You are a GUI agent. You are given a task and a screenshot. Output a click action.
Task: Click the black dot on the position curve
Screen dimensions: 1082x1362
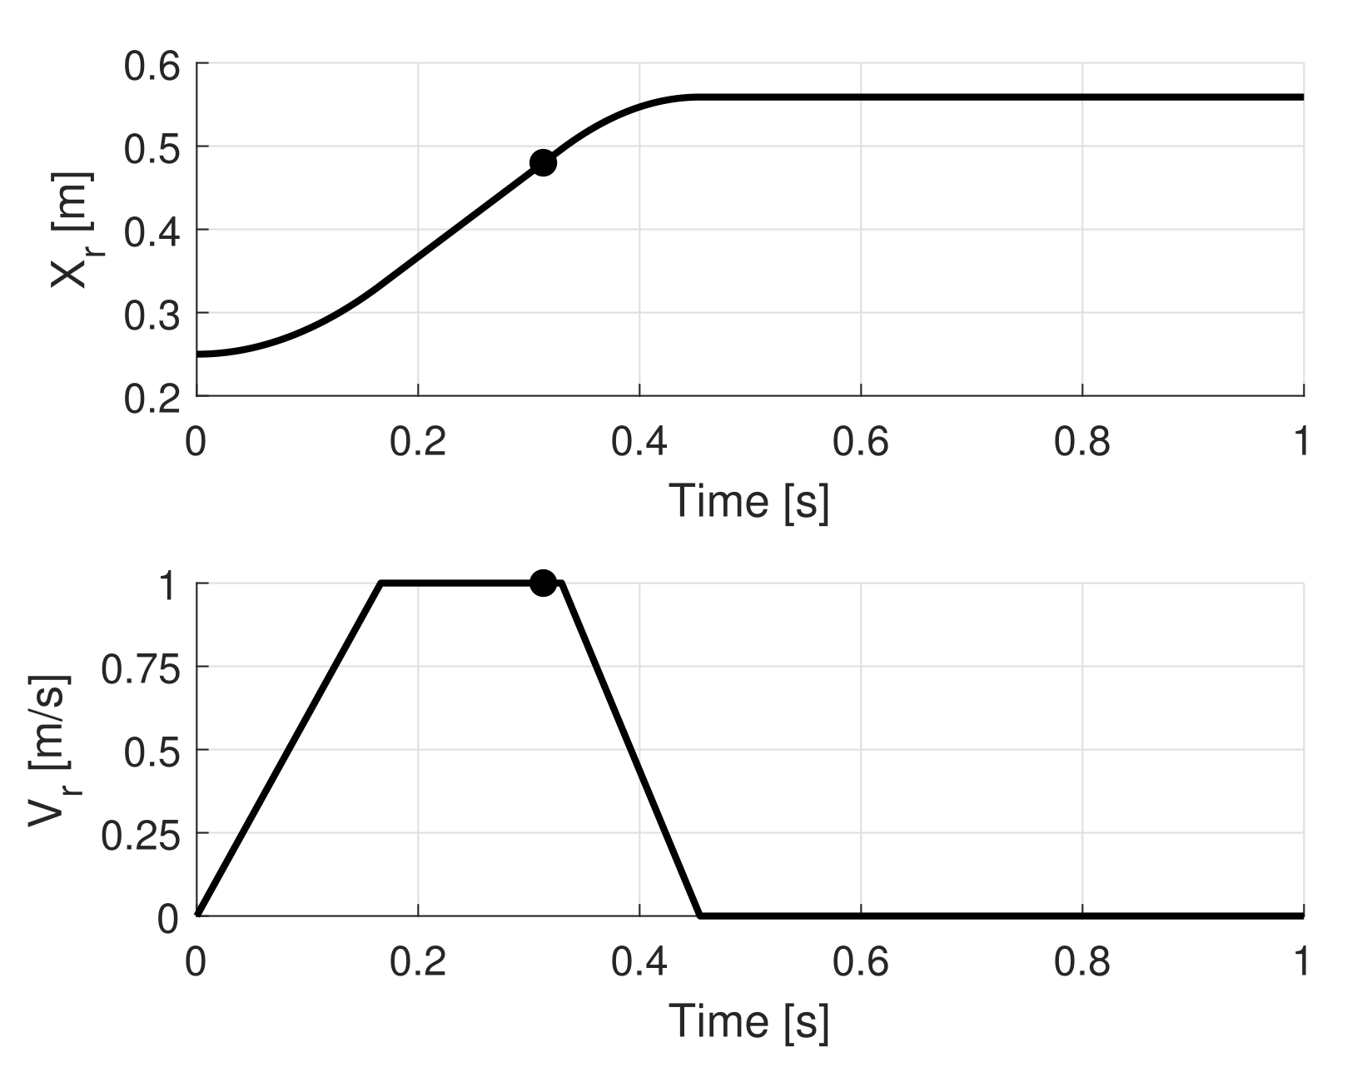coord(543,163)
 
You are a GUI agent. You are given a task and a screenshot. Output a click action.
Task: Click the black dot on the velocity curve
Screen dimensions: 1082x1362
coord(543,583)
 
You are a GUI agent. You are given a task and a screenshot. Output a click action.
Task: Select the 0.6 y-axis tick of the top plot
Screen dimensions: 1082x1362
coord(152,66)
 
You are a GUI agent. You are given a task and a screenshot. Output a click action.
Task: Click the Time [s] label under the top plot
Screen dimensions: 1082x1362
coord(749,500)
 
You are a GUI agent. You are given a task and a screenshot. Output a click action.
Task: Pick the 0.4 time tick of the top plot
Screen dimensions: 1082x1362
coord(639,441)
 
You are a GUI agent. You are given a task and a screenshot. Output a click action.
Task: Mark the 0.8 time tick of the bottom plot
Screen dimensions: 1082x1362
coord(1081,961)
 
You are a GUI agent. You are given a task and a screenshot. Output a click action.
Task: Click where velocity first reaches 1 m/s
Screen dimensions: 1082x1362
coord(381,583)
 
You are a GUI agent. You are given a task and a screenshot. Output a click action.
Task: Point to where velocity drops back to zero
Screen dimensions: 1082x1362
coord(700,916)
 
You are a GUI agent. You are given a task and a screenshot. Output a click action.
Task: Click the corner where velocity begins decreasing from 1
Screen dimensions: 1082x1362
coord(563,583)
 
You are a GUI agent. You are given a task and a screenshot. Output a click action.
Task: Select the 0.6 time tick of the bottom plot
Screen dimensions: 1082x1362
coord(860,961)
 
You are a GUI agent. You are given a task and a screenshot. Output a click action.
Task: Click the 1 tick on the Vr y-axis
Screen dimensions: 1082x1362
coord(167,586)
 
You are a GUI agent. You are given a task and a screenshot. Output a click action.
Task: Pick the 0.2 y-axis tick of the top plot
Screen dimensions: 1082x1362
coord(152,399)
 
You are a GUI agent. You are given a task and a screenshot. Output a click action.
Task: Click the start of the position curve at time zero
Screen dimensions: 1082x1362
coord(198,355)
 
